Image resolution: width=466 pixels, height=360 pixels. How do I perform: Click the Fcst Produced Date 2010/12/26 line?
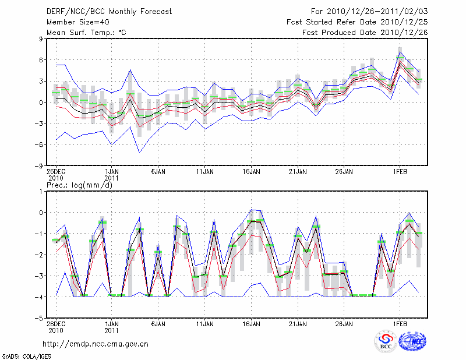point(365,32)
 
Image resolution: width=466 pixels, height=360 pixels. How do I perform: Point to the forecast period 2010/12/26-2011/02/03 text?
point(369,11)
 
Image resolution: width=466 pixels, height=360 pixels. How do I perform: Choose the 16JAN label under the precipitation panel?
point(251,324)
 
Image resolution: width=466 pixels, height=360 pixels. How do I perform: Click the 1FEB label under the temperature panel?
point(400,172)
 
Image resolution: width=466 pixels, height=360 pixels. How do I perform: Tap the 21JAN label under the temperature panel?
point(298,172)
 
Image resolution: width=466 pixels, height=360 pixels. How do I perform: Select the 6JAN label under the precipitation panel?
point(158,324)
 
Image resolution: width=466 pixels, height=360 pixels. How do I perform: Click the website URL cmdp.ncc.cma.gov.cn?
point(96,344)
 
